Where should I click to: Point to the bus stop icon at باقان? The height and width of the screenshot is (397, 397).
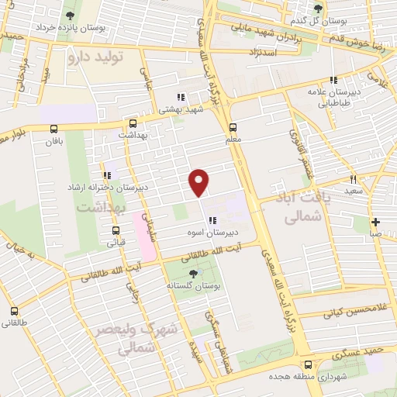tap(54, 129)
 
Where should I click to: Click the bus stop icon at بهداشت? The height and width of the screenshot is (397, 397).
tap(133, 123)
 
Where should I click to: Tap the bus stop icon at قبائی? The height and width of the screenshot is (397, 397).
tap(116, 230)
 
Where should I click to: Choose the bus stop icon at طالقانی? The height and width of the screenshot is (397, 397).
tap(13, 311)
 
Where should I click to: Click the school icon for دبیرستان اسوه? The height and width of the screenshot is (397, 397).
tap(212, 220)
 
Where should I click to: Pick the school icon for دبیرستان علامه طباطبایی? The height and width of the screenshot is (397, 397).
tap(333, 80)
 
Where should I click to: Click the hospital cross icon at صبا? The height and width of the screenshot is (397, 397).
tap(375, 222)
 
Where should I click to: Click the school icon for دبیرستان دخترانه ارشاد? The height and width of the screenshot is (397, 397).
tap(106, 175)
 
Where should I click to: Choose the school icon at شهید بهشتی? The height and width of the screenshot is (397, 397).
tap(180, 98)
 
